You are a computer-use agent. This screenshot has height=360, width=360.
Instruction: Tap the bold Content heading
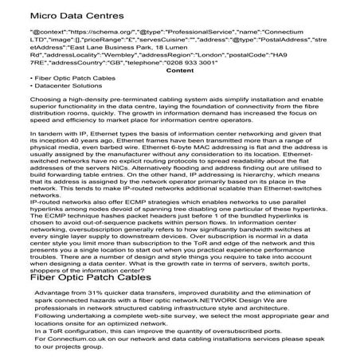pyautogui.click(x=179, y=71)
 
